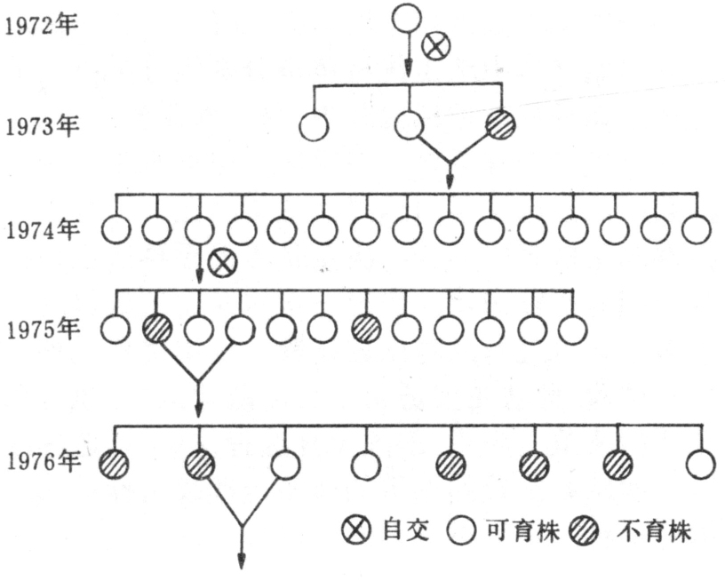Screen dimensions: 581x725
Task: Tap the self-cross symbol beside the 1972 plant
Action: point(435,46)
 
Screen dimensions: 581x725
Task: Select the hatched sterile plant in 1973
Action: point(501,125)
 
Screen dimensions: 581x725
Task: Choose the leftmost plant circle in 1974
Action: point(116,230)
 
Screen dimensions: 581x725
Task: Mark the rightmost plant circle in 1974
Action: point(697,229)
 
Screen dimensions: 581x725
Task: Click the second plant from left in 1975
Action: point(156,329)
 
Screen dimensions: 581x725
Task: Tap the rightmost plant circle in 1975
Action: point(573,329)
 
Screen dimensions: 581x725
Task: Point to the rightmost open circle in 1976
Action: point(701,463)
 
